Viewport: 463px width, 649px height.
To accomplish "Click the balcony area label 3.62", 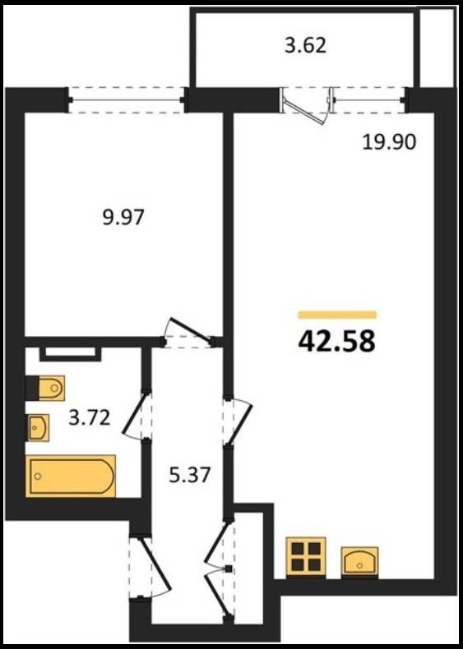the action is pyautogui.click(x=305, y=45).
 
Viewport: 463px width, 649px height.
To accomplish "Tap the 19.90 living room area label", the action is pyautogui.click(x=389, y=143).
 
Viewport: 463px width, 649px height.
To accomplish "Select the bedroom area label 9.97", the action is pyautogui.click(x=123, y=218).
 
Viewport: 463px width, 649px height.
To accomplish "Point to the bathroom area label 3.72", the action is pyautogui.click(x=90, y=417).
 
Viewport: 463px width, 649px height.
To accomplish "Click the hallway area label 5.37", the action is pyautogui.click(x=190, y=475).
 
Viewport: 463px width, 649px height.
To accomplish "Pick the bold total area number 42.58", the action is pyautogui.click(x=336, y=342).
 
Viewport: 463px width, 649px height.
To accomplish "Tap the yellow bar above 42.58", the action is pyautogui.click(x=337, y=315).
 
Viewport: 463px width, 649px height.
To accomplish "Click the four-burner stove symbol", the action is pyautogui.click(x=306, y=557).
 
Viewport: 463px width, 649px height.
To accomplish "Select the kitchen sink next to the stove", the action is pyautogui.click(x=359, y=562).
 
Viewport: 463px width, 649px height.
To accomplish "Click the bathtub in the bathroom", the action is pyautogui.click(x=71, y=476).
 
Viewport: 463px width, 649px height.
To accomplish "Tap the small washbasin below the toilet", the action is pyautogui.click(x=38, y=427).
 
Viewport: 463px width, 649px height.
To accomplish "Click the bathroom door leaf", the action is pyautogui.click(x=136, y=414).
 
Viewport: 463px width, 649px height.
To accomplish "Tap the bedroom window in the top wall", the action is pyautogui.click(x=127, y=99).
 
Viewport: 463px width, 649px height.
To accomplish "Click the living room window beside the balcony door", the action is pyautogui.click(x=369, y=99).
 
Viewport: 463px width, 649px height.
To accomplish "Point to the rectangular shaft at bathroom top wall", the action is pyautogui.click(x=71, y=353).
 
